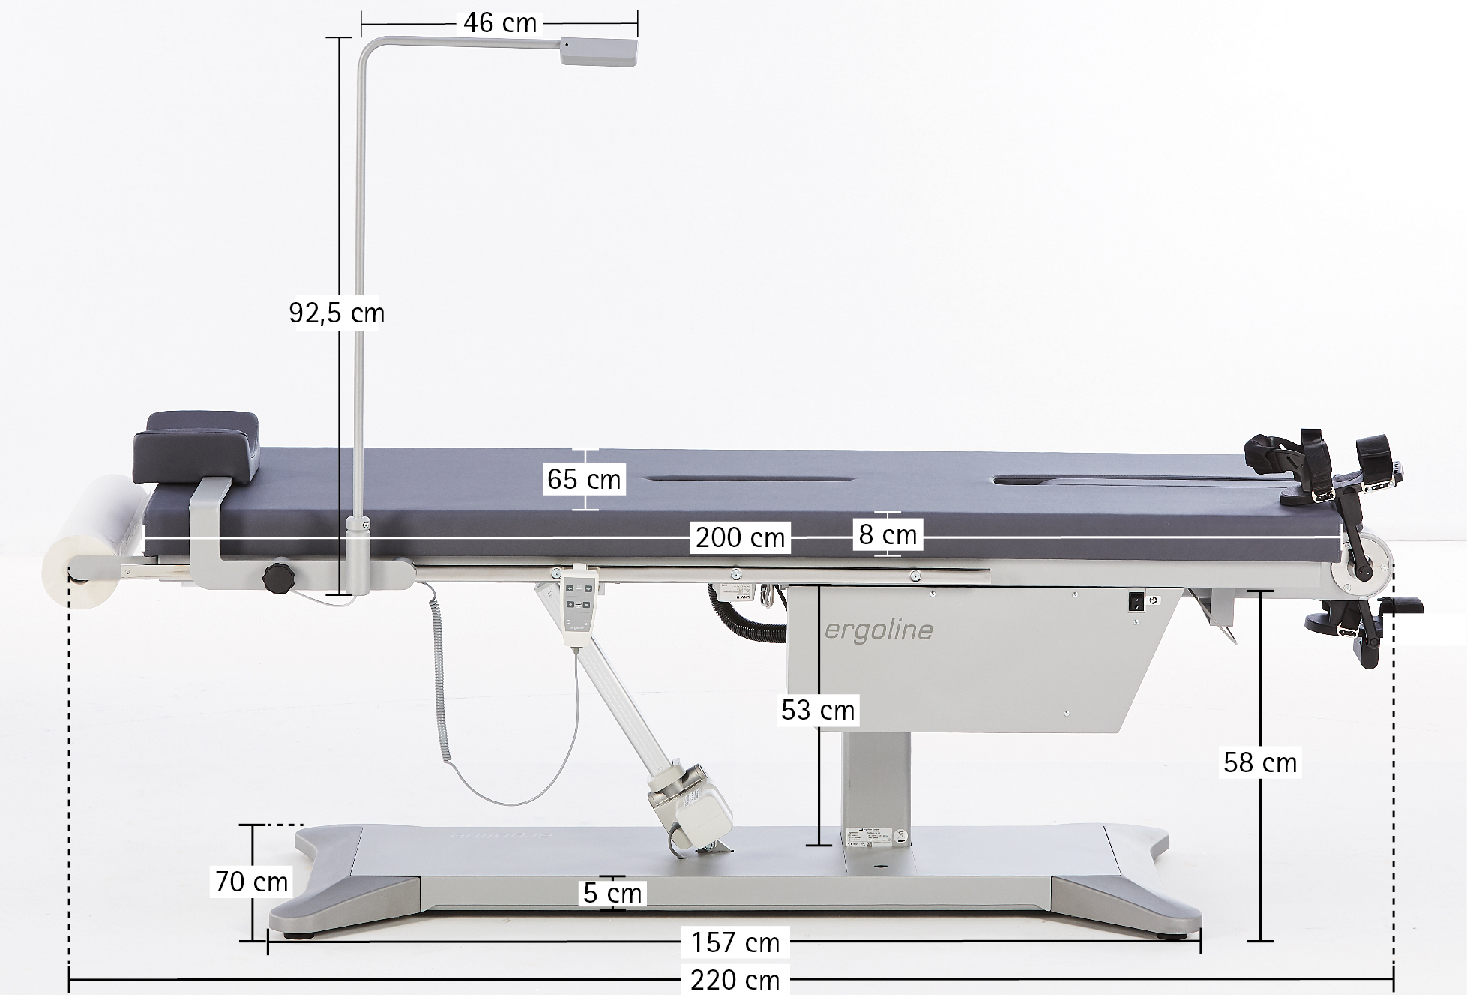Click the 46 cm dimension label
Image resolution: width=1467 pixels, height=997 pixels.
tap(500, 23)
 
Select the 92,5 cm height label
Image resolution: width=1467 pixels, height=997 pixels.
tap(337, 313)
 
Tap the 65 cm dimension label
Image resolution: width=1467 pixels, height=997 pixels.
tap(584, 479)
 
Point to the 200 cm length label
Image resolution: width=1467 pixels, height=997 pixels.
tap(740, 537)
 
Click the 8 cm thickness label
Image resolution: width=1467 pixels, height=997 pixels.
tap(888, 534)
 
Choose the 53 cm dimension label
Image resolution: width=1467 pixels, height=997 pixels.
tap(818, 710)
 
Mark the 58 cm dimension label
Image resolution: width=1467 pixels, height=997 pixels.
tap(1260, 762)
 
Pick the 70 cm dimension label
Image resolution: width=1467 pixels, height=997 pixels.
tap(252, 882)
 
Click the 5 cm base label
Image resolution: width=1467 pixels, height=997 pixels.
tap(613, 893)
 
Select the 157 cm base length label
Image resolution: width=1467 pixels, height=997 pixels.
tap(735, 942)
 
